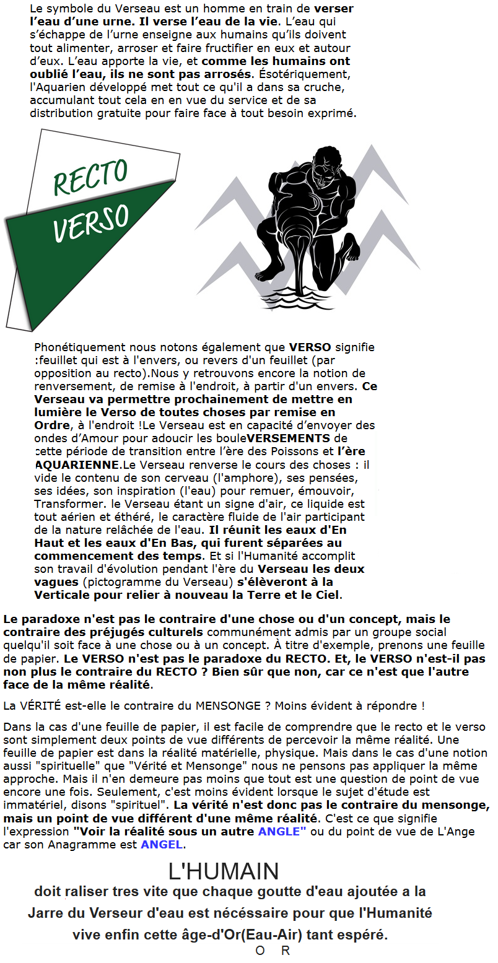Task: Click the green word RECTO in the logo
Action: [90, 176]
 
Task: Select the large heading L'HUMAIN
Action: [224, 871]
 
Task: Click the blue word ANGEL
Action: [162, 844]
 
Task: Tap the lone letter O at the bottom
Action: [260, 951]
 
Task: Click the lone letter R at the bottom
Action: [285, 951]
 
